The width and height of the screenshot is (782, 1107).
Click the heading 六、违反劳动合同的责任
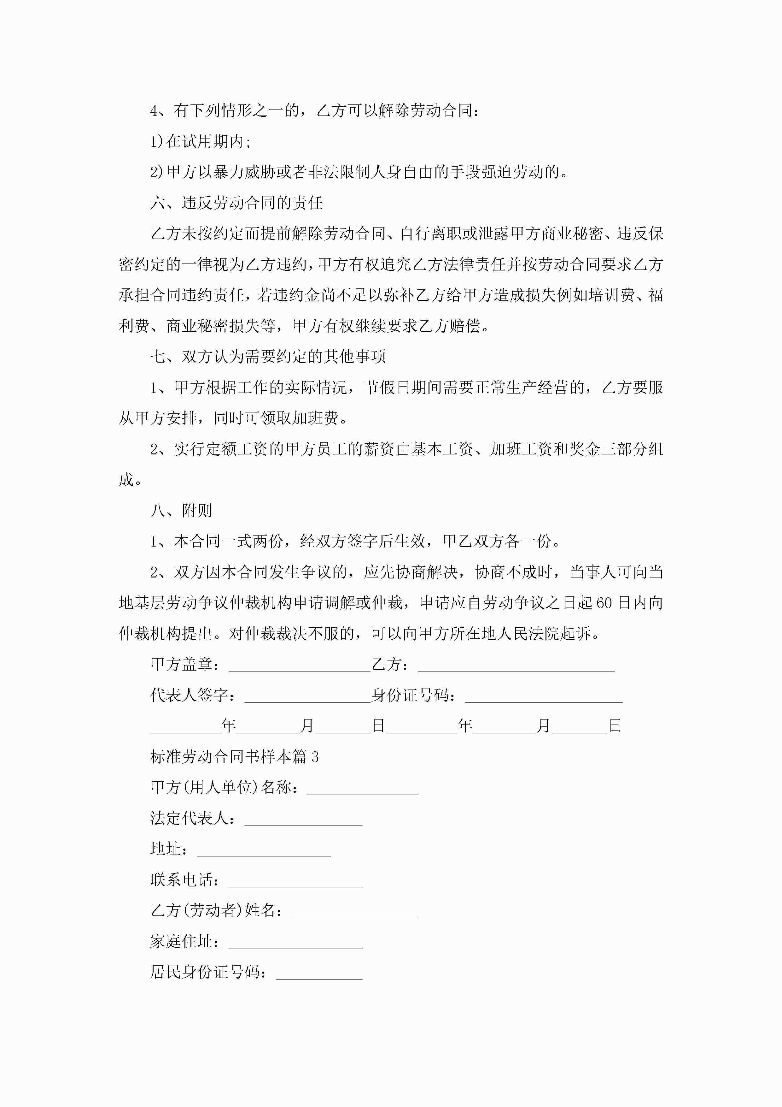[236, 203]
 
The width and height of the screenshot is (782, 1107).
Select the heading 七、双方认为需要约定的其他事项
[268, 357]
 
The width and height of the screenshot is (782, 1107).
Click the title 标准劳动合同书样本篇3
[234, 756]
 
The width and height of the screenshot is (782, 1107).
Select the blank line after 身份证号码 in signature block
[544, 696]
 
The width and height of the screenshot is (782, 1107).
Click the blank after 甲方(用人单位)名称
[362, 788]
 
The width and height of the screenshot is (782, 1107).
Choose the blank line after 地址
[264, 849]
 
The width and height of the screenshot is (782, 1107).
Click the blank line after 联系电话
[295, 880]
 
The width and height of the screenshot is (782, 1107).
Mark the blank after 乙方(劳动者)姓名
[355, 911]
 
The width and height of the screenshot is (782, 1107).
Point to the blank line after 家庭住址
[295, 942]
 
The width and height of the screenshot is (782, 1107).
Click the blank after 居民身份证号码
[319, 973]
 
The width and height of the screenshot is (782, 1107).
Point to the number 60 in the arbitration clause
[605, 603]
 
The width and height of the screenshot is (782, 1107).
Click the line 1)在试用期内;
[201, 142]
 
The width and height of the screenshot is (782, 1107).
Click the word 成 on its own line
[126, 480]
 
